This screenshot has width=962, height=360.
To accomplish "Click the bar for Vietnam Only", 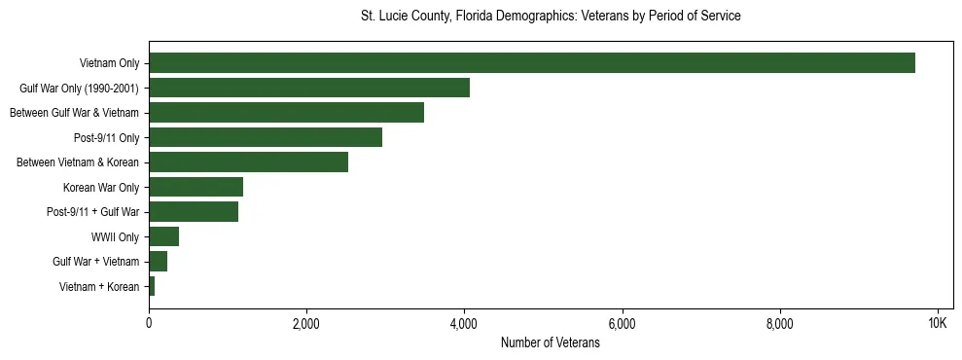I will (532, 63).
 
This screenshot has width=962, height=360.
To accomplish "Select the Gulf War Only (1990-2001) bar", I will (309, 88).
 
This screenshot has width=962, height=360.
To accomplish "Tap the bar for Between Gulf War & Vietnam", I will (286, 113).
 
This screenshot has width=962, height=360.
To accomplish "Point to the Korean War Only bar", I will (196, 187).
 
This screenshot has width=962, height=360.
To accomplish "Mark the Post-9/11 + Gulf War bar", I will (194, 212).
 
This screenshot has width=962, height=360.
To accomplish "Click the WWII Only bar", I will (163, 236).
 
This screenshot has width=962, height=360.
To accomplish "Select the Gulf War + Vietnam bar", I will (158, 262).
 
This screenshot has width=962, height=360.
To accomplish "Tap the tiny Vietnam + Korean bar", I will (152, 286).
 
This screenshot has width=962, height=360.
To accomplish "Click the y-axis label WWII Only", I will (115, 237).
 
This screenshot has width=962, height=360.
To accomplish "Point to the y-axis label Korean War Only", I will (101, 188).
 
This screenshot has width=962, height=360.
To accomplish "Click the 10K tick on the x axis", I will (938, 323).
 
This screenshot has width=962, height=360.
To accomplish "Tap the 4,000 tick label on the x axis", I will (464, 323).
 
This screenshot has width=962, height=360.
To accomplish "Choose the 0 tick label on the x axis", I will (149, 323).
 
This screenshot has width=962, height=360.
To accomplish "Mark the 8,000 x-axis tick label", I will (780, 323).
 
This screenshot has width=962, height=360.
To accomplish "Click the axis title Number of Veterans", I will (550, 343).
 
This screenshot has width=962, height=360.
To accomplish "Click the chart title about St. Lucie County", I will (550, 17).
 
